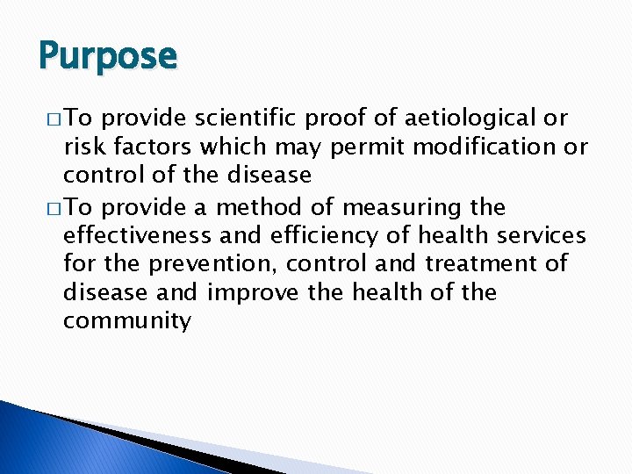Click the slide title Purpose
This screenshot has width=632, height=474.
click(x=107, y=56)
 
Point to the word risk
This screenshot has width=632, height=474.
click(x=86, y=147)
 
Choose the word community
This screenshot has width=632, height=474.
click(x=126, y=320)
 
